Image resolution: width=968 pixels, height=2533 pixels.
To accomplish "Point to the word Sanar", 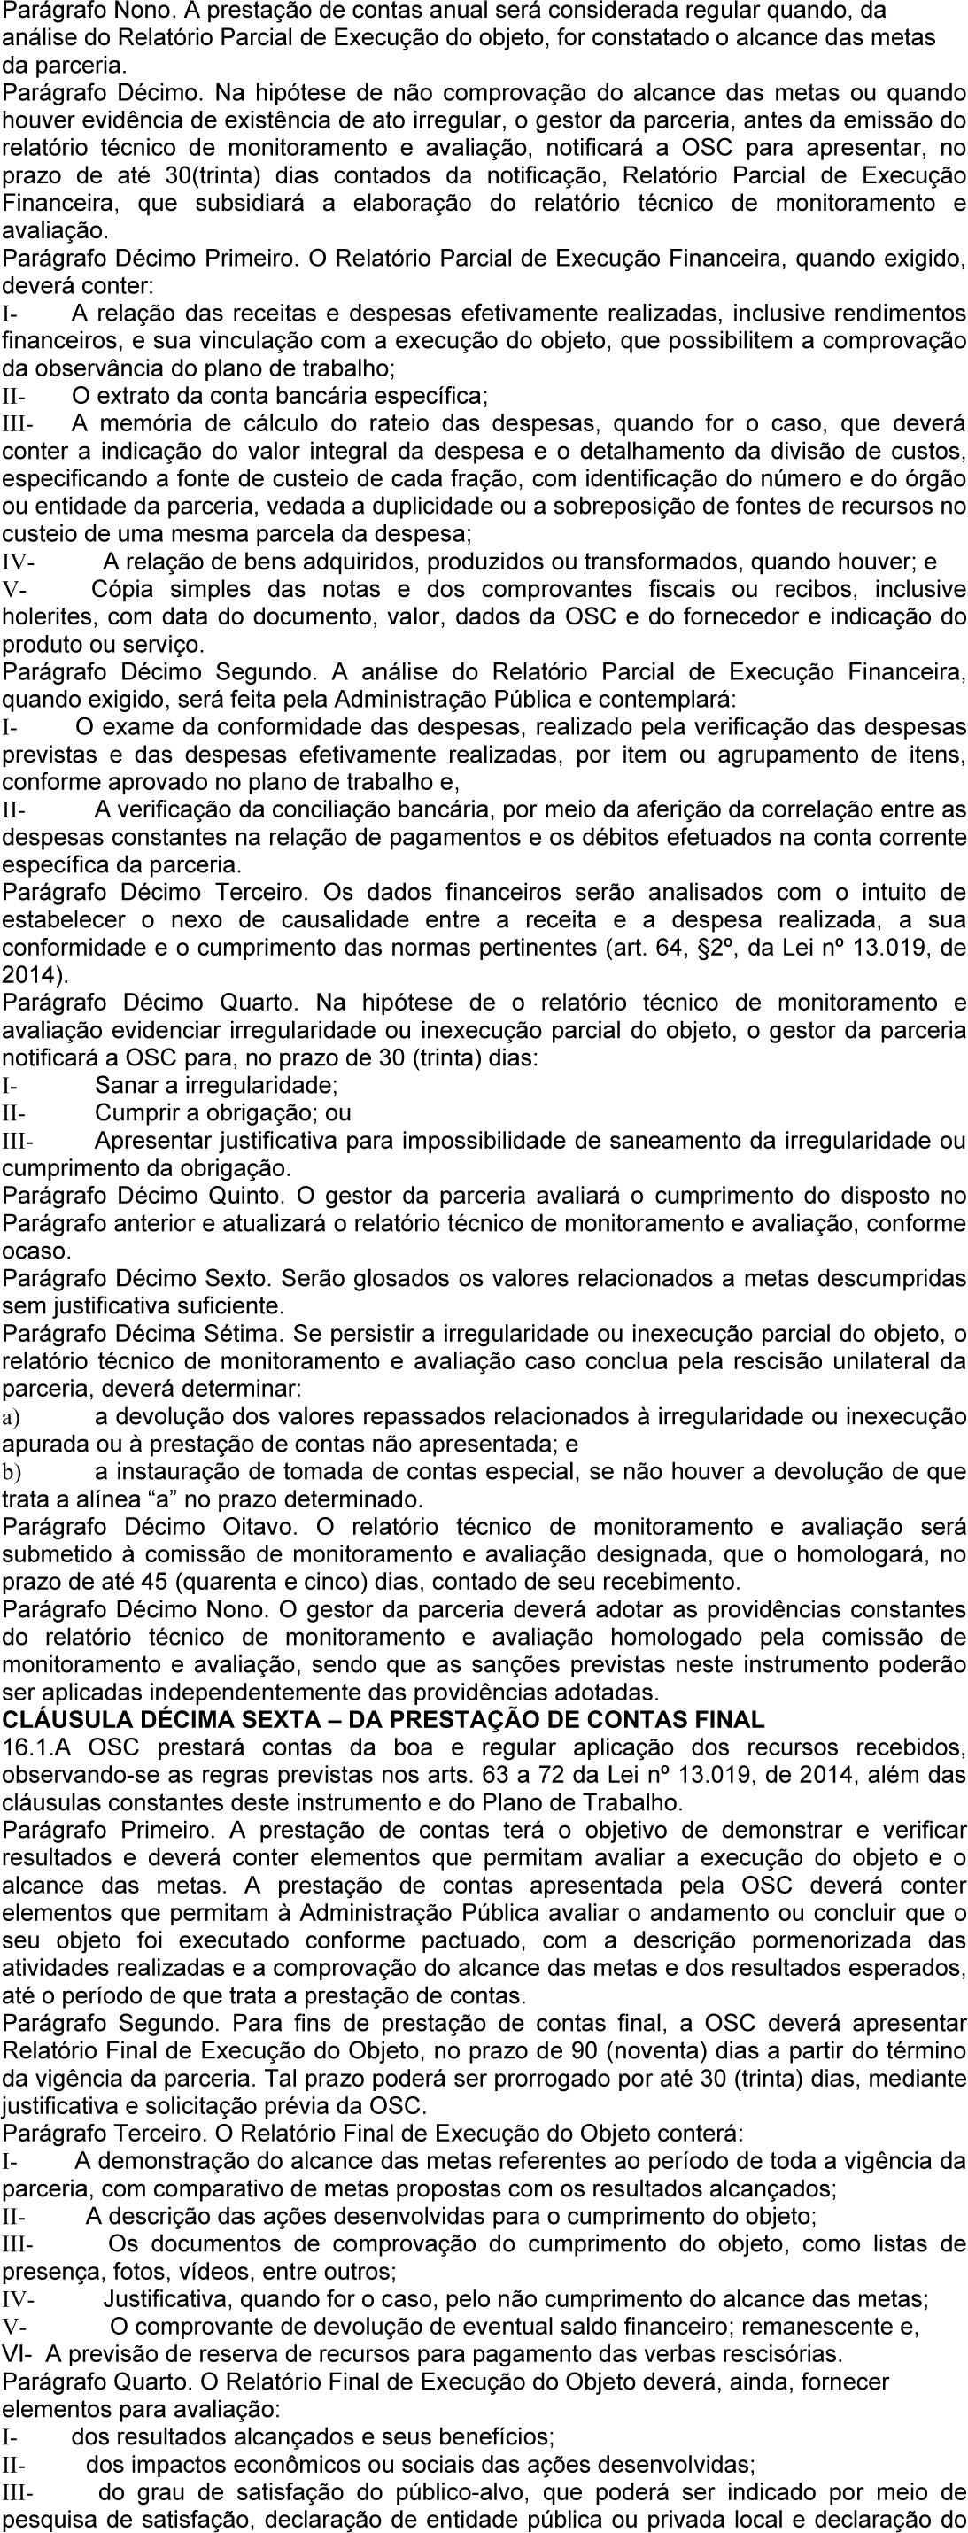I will (123, 1086).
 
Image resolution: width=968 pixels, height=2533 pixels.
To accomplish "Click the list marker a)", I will (12, 1417).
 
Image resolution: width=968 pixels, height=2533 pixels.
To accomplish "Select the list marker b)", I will (12, 1472).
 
